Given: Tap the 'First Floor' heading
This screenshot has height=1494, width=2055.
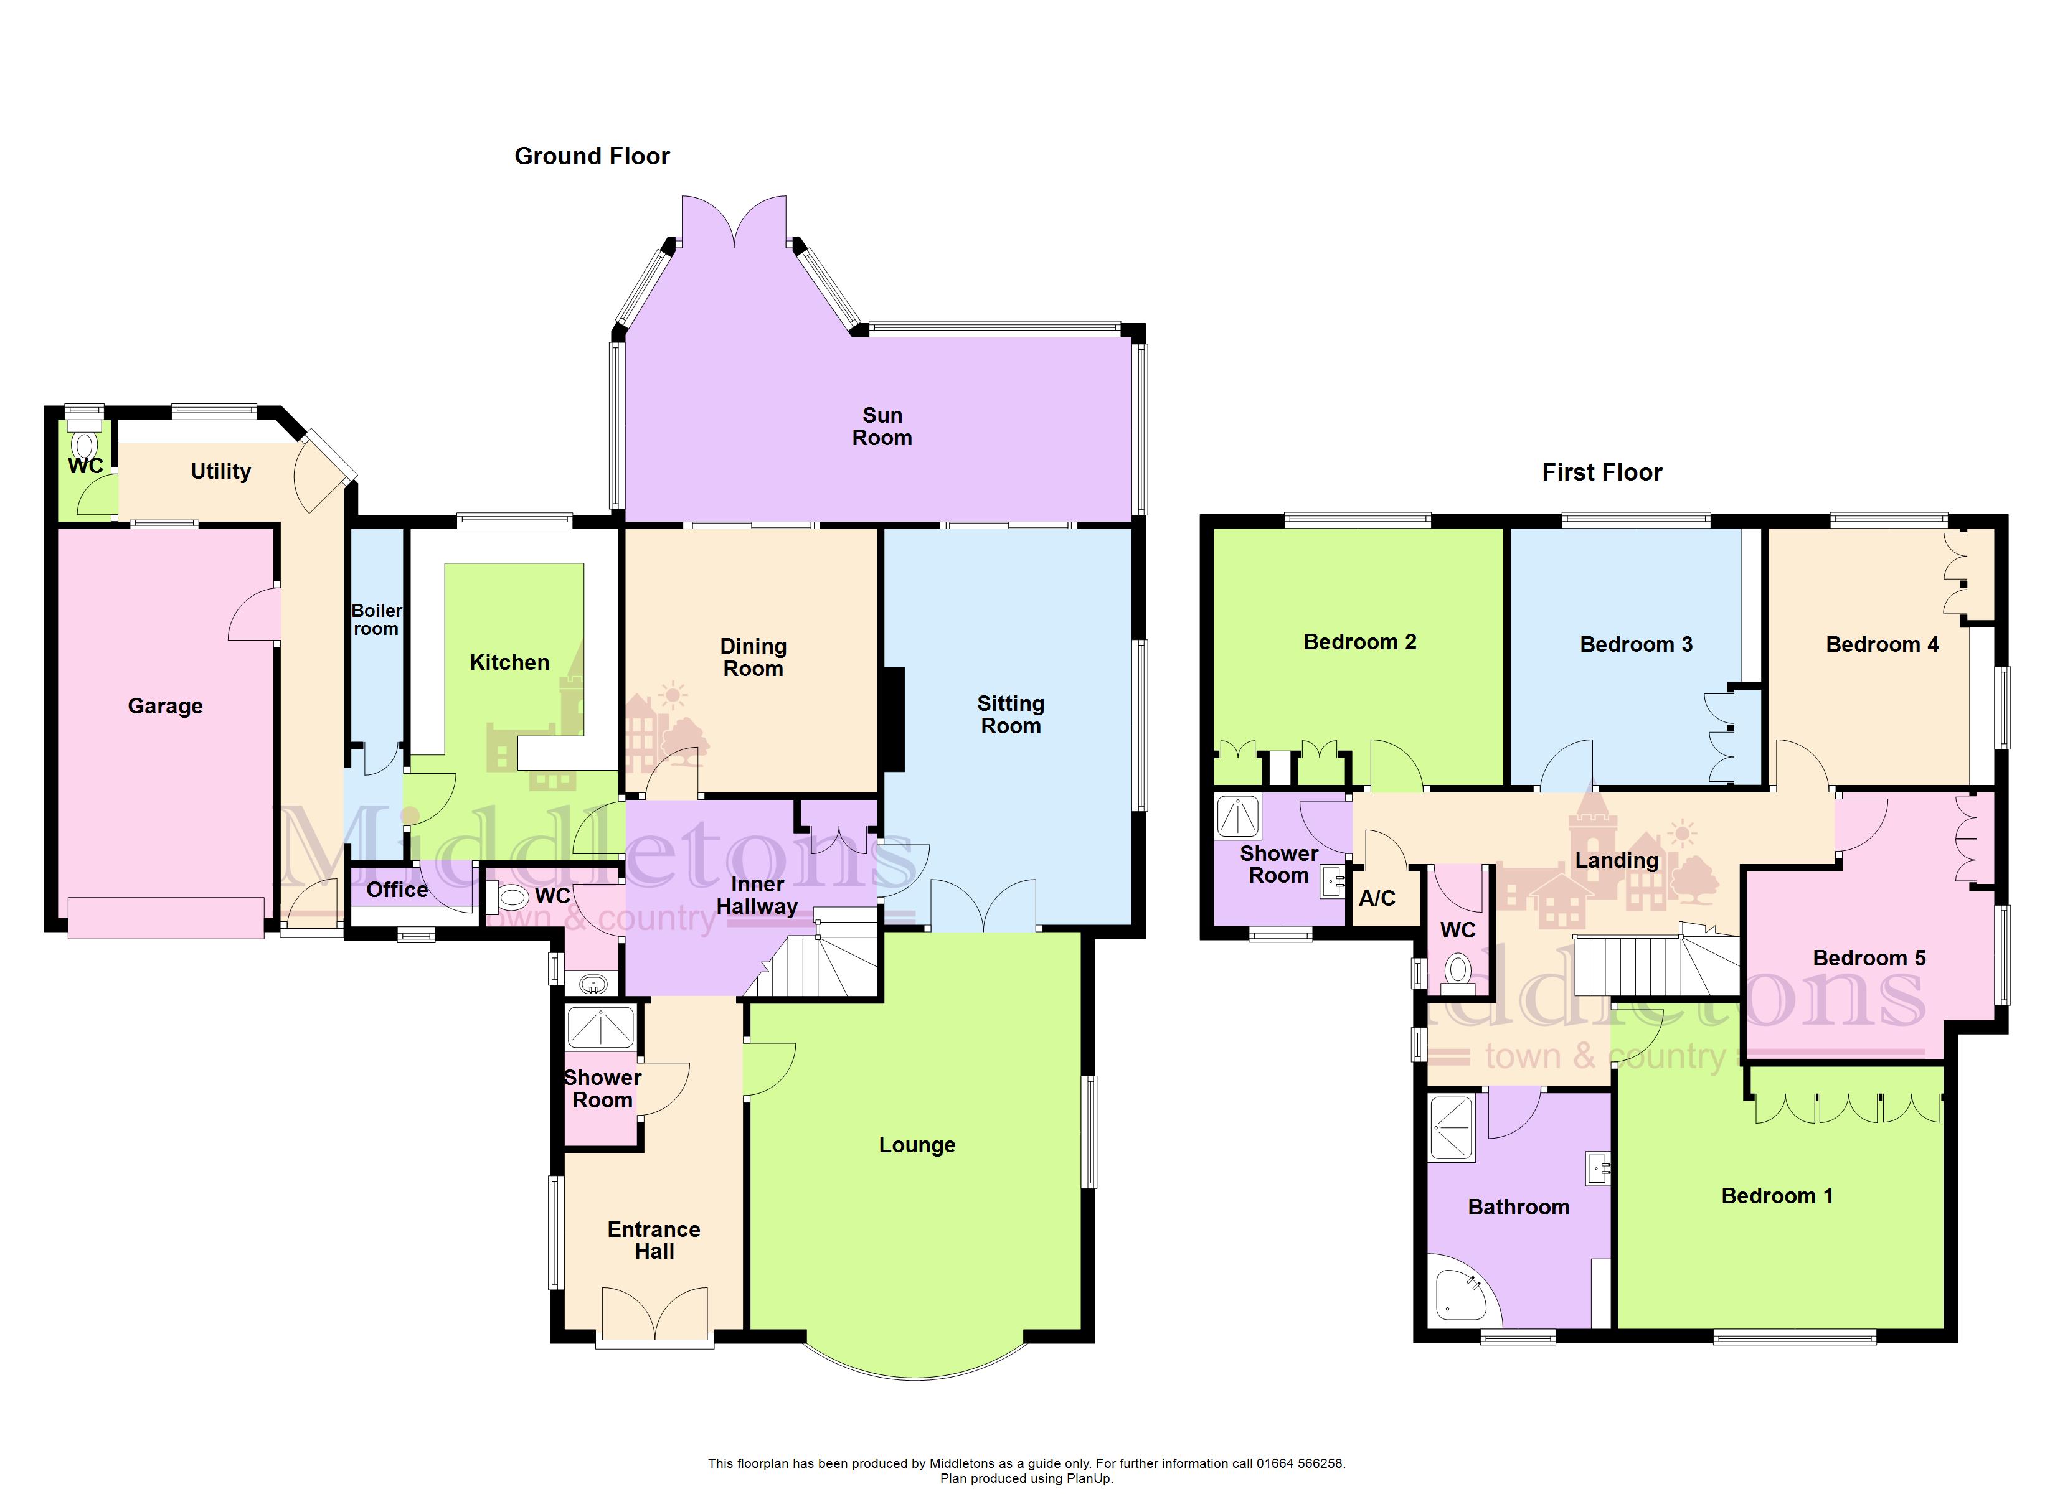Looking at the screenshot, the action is (x=1602, y=473).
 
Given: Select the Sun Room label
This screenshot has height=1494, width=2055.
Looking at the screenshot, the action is (x=882, y=427).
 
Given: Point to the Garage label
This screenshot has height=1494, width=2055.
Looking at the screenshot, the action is (x=165, y=707).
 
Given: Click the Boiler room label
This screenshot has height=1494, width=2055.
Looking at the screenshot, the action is (x=376, y=620).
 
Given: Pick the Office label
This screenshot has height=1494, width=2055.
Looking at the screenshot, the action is (x=397, y=890).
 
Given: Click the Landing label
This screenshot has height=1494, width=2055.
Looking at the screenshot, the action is (x=1617, y=861).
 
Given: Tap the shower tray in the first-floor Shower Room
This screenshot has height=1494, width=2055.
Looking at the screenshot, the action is (x=1238, y=816).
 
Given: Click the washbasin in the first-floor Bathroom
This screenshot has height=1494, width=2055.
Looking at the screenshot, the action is (x=1597, y=1169).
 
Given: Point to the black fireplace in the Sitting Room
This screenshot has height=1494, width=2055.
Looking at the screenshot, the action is (x=894, y=720).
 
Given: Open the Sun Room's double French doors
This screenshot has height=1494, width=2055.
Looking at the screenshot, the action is (x=734, y=220).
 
